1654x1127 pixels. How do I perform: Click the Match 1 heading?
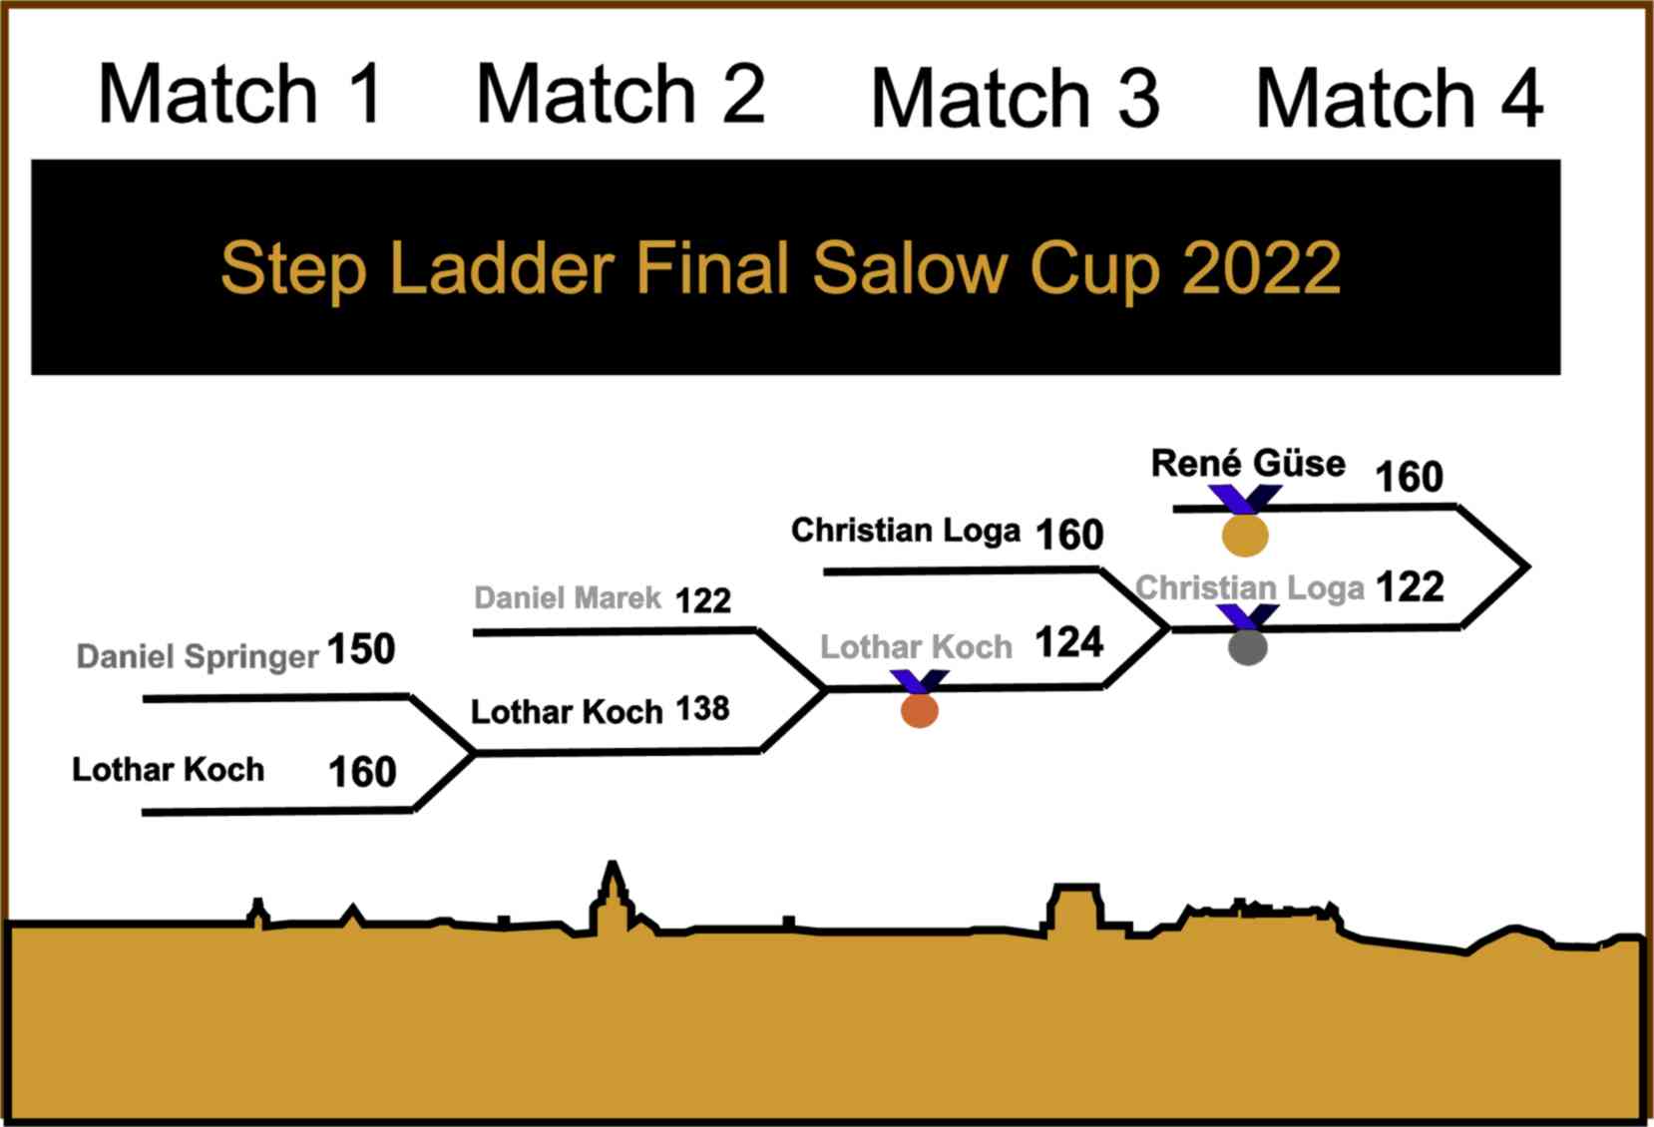pyautogui.click(x=240, y=94)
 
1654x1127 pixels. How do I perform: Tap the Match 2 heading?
pyautogui.click(x=620, y=94)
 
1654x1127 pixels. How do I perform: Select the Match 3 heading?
pyautogui.click(x=1015, y=98)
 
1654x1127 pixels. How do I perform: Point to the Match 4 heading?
pyautogui.click(x=1399, y=98)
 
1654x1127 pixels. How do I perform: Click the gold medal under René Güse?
pyautogui.click(x=1245, y=535)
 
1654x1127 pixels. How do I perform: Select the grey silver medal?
pyautogui.click(x=1248, y=647)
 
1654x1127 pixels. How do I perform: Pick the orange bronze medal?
pyautogui.click(x=920, y=710)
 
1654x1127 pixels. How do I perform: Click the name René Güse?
pyautogui.click(x=1248, y=464)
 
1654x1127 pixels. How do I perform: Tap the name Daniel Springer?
pyautogui.click(x=198, y=656)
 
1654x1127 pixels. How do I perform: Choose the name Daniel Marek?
pyautogui.click(x=567, y=597)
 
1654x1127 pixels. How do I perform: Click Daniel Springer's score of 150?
pyautogui.click(x=361, y=649)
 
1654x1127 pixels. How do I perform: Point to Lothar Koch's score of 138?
pyautogui.click(x=703, y=708)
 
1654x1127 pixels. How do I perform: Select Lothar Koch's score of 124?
pyautogui.click(x=1069, y=641)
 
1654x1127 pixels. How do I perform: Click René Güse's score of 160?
pyautogui.click(x=1409, y=477)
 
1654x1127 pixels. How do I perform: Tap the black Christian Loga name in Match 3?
pyautogui.click(x=905, y=530)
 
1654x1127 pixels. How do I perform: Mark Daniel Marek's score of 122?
pyautogui.click(x=703, y=600)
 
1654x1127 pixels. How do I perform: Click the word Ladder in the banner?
pyautogui.click(x=502, y=267)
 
